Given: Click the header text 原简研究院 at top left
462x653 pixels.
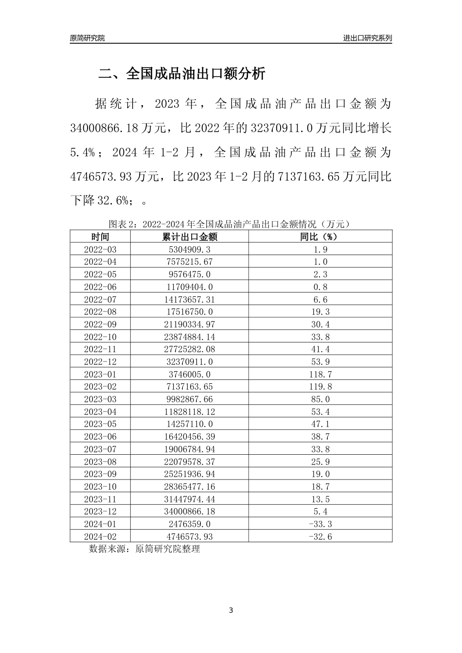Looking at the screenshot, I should pos(87,38).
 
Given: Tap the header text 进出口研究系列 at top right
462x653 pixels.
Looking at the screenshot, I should pos(367,38).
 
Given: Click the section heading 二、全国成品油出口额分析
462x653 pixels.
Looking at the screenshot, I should pos(182,74).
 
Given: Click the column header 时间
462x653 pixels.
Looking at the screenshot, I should pos(100,237).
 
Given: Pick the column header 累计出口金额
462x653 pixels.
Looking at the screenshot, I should pos(190,237).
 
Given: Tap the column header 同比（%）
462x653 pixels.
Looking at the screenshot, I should pos(320,237).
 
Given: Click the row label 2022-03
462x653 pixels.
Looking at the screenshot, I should pos(100,249).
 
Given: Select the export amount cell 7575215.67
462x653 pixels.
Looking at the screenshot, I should pos(190,262).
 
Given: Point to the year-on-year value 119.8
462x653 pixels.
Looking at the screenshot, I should pos(320,387).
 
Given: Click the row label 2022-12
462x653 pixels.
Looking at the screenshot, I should pos(100,362).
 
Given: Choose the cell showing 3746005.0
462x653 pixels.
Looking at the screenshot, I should pos(190,375).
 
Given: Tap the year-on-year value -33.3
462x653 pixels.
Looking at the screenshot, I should pos(320,524).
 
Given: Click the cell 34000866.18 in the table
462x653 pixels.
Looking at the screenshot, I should pos(190,512).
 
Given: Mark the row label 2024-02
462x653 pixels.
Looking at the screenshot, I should pos(100,537).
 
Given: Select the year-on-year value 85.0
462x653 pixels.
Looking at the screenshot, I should pos(320,399).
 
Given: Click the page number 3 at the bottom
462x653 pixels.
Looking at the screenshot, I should pos(231,610).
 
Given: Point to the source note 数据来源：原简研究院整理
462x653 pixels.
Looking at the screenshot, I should pos(144,549).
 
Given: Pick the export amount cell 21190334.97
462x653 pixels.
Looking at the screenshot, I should pos(190,325).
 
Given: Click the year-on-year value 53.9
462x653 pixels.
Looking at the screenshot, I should pos(320,362).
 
